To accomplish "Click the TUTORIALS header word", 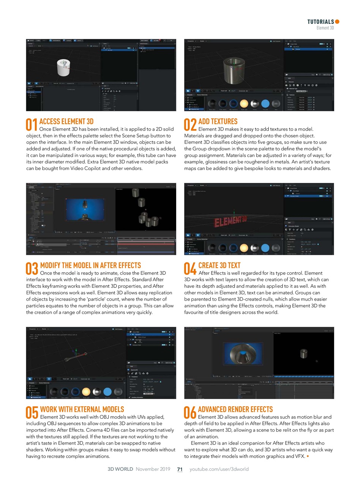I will pyautogui.click(x=321, y=22).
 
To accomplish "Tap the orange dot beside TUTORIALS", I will pyautogui.click(x=337, y=22).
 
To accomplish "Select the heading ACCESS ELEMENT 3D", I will pyautogui.click(x=66, y=121).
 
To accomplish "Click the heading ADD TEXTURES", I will pyautogui.click(x=218, y=121).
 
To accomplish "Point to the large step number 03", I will pyautogui.click(x=32, y=268).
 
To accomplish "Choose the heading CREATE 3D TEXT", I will pyautogui.click(x=219, y=265).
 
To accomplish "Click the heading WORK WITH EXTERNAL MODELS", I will pyautogui.click(x=82, y=409).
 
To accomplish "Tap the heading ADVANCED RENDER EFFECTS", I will pyautogui.click(x=235, y=409).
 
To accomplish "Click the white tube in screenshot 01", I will pyautogui.click(x=64, y=68).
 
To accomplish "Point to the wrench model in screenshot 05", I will pyautogui.click(x=76, y=356).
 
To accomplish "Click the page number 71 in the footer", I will pyautogui.click(x=180, y=469).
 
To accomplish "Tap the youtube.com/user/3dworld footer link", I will pyautogui.click(x=219, y=469).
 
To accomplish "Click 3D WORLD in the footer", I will pyautogui.click(x=120, y=469).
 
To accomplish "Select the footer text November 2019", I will pyautogui.click(x=153, y=469).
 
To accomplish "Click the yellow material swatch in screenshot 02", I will pyautogui.click(x=244, y=103).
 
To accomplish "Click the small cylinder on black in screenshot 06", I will pyautogui.click(x=303, y=353).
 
